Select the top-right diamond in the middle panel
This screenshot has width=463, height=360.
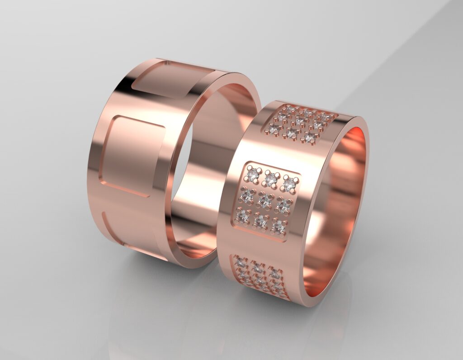coord(289,184)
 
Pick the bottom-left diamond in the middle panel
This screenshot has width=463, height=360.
coord(243,217)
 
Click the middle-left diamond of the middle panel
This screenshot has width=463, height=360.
coord(247,195)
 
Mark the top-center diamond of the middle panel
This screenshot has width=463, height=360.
coord(271,179)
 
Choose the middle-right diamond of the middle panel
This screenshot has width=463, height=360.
coord(283,205)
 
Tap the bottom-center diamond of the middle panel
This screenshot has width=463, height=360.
coord(260,222)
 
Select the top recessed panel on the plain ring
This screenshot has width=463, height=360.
coord(172,80)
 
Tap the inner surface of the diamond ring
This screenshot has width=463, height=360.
coord(344,190)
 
